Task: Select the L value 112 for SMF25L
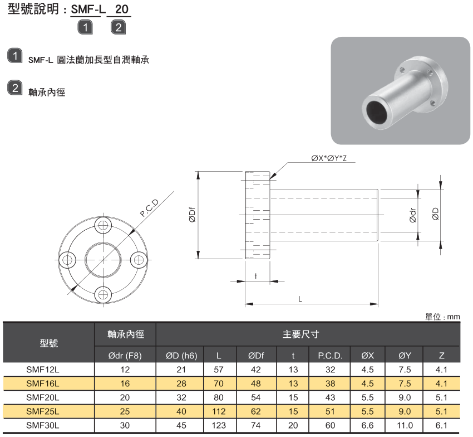[219, 411]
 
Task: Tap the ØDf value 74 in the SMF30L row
[256, 425]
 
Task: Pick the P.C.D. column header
[330, 356]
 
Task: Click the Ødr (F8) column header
[125, 356]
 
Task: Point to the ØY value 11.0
[405, 425]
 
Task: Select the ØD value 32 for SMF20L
[181, 397]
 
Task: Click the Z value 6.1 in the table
[442, 425]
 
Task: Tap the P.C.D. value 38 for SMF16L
[330, 383]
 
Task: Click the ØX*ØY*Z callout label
[329, 159]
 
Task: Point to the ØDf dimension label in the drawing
[191, 215]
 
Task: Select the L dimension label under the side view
[300, 299]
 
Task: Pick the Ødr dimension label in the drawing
[412, 215]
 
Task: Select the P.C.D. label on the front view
[150, 208]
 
